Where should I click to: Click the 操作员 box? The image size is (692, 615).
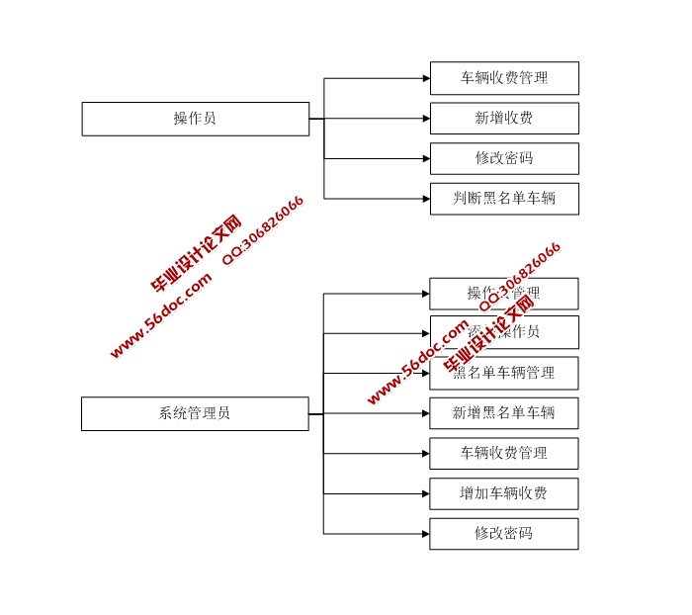pyautogui.click(x=195, y=119)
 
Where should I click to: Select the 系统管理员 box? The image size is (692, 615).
pyautogui.click(x=195, y=413)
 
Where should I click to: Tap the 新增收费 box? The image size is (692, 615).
pyautogui.click(x=504, y=119)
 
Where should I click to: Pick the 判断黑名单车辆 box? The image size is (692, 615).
pyautogui.click(x=504, y=199)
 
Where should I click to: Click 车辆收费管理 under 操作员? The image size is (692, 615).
pyautogui.click(x=504, y=78)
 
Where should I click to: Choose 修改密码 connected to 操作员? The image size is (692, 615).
pyautogui.click(x=504, y=158)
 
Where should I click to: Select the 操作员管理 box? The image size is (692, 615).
pyautogui.click(x=504, y=294)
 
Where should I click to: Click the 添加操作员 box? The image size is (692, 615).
pyautogui.click(x=504, y=332)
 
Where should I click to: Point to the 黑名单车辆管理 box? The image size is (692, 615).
pyautogui.click(x=504, y=373)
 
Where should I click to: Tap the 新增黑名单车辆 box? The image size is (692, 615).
pyautogui.click(x=504, y=413)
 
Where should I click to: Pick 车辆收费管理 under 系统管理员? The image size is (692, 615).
pyautogui.click(x=504, y=454)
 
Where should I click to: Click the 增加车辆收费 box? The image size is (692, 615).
pyautogui.click(x=504, y=493)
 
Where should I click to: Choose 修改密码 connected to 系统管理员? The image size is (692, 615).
pyautogui.click(x=504, y=534)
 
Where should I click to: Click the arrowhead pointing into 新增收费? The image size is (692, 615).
pyautogui.click(x=426, y=119)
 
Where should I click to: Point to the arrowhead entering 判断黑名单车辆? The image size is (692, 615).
pyautogui.click(x=426, y=199)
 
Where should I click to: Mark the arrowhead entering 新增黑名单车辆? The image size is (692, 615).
pyautogui.click(x=426, y=413)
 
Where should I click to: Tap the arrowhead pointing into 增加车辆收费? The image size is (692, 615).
pyautogui.click(x=426, y=493)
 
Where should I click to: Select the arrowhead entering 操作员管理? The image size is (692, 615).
pyautogui.click(x=426, y=294)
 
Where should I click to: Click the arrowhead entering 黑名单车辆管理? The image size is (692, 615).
pyautogui.click(x=426, y=373)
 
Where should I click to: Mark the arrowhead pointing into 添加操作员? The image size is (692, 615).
pyautogui.click(x=426, y=333)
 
